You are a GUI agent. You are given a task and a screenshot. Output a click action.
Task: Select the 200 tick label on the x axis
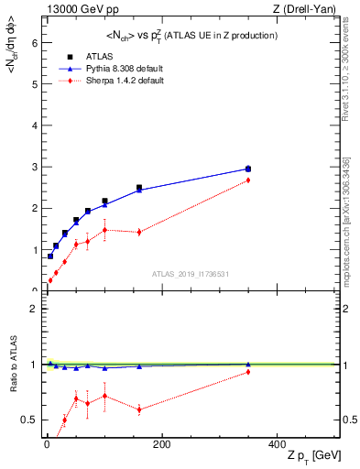pos(161,445)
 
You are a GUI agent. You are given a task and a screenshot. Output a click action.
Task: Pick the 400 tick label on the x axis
pos(277,445)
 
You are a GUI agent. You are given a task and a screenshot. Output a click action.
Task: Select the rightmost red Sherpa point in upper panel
pos(247,180)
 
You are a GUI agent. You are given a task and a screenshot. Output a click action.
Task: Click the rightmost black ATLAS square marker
pos(247,169)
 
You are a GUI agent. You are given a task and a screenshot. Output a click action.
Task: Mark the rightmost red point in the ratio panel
pos(247,371)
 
